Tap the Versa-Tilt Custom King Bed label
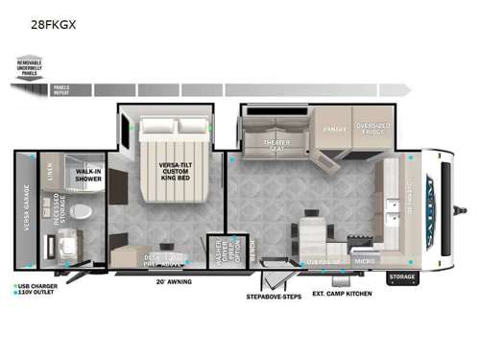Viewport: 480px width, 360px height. [x=174, y=173]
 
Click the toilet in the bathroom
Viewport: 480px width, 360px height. [x=82, y=210]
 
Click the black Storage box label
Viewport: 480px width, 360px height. [x=401, y=278]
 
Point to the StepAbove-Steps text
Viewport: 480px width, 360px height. [x=275, y=297]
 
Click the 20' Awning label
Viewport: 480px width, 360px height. [x=174, y=281]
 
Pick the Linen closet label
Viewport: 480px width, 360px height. [x=50, y=172]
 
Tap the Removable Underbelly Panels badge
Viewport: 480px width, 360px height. [x=30, y=67]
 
